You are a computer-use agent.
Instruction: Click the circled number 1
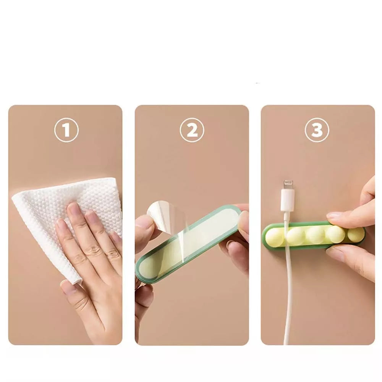point(66,130)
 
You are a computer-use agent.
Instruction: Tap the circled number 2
point(192,130)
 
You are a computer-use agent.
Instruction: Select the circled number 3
point(317,130)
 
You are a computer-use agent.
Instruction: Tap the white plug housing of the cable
point(288,200)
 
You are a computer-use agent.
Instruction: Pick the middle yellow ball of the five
point(315,235)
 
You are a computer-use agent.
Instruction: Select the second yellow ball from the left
point(295,236)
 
